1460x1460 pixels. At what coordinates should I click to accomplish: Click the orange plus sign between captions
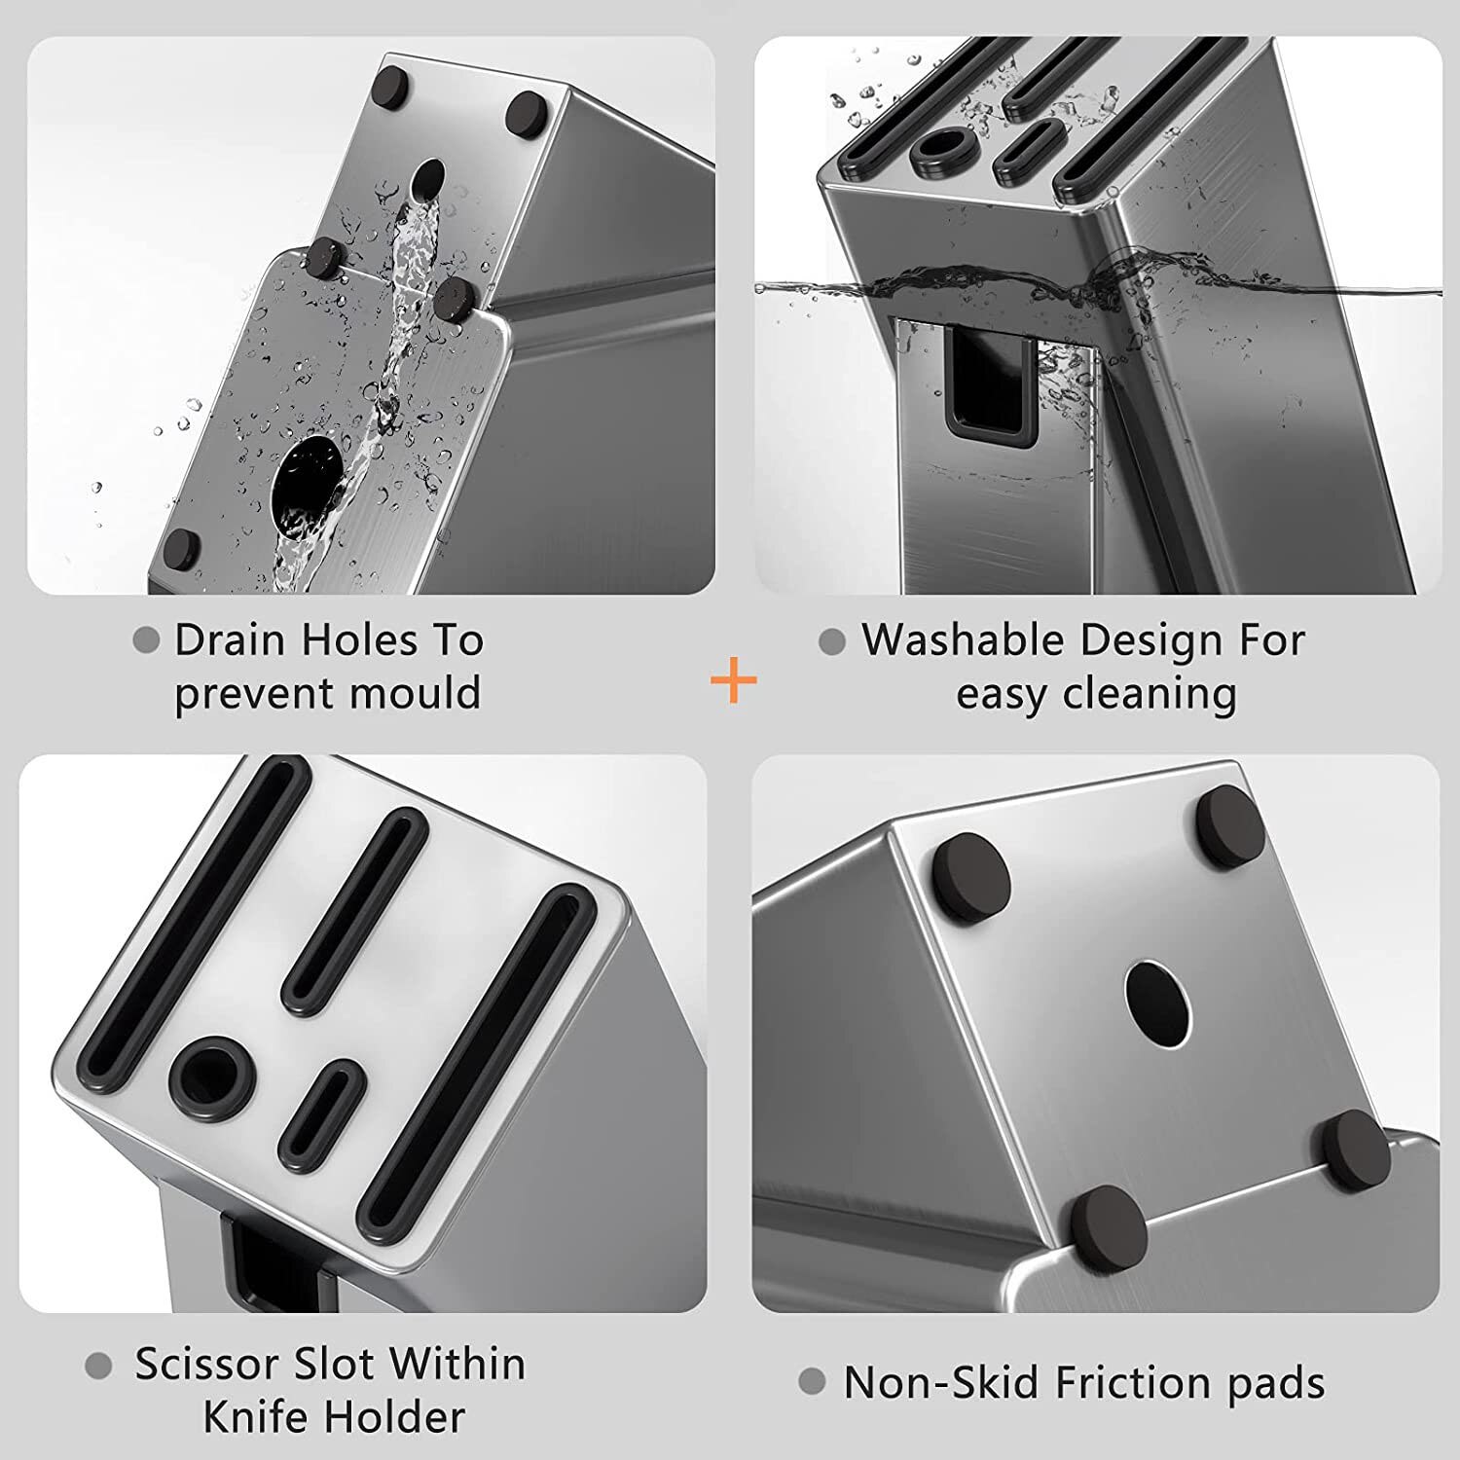tap(734, 680)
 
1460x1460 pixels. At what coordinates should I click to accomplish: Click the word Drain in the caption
tap(230, 640)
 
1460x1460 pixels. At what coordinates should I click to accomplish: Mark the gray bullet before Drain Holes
tap(146, 640)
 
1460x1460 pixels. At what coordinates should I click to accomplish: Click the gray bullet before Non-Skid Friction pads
tap(812, 1381)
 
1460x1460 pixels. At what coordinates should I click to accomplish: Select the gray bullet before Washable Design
tap(832, 641)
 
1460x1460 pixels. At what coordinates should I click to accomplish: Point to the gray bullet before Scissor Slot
tap(98, 1367)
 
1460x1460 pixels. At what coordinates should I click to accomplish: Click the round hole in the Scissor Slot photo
tap(212, 1077)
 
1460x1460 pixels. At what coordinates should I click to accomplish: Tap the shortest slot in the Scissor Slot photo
tap(320, 1113)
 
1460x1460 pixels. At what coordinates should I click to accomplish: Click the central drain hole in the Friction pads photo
tap(1157, 1004)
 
